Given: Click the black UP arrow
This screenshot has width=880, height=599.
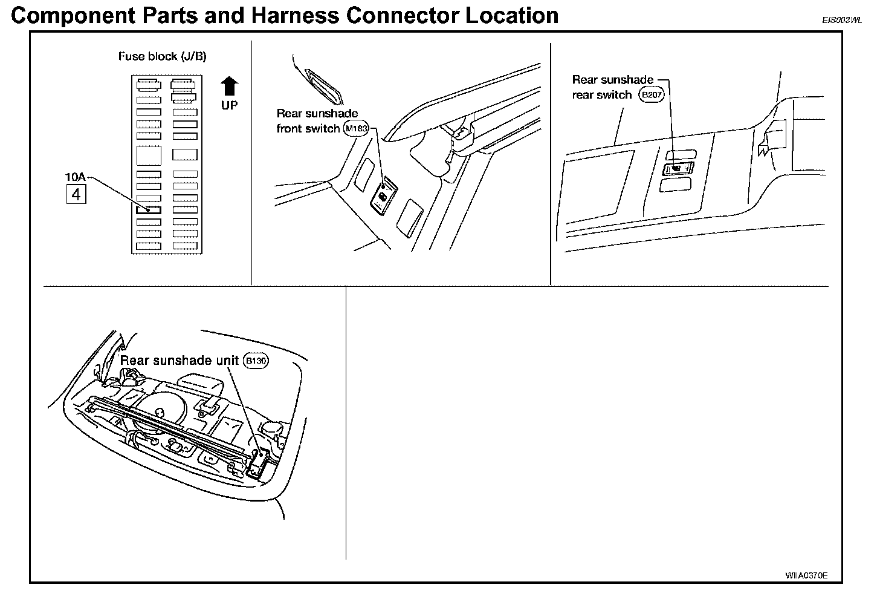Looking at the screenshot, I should [x=229, y=87].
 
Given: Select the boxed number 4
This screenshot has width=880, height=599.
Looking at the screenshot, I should [x=76, y=195].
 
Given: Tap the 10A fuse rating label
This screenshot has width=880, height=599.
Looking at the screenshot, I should [x=76, y=177].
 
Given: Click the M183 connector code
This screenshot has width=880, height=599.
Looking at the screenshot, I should [x=356, y=128].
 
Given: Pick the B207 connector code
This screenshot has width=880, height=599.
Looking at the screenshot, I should [x=652, y=95].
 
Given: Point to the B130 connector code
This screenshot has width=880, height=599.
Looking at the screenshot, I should [x=255, y=361].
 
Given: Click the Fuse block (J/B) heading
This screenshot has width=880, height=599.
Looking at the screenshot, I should [x=162, y=56].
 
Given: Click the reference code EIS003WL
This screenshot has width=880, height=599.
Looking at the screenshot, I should [x=841, y=20].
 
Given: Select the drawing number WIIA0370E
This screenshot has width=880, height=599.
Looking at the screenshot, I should [x=806, y=575].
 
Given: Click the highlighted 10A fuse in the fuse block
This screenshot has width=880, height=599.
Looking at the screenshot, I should [x=149, y=210].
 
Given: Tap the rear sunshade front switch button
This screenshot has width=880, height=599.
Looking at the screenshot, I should [x=383, y=197].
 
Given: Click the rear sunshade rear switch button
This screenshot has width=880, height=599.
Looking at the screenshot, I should [x=677, y=168].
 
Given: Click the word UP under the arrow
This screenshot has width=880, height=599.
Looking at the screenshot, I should [x=229, y=105].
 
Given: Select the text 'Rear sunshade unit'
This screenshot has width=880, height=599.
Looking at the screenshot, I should [x=180, y=361].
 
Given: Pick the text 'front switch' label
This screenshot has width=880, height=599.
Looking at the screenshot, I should [x=308, y=128].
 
